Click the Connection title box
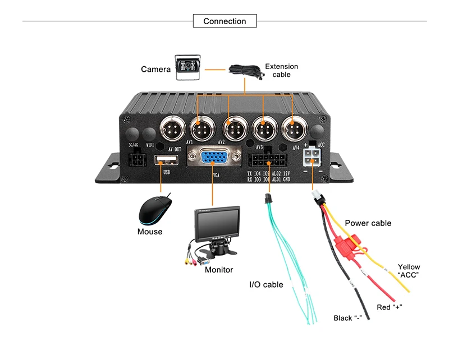(224, 21)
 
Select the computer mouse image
(155, 210)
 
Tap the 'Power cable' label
(368, 223)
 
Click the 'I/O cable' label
(266, 285)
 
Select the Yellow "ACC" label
(409, 271)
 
